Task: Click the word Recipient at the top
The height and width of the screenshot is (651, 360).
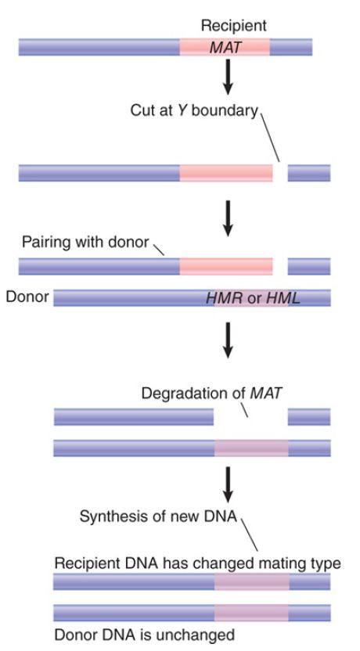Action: pos(233,26)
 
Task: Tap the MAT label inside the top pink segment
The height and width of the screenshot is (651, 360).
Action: pos(225,48)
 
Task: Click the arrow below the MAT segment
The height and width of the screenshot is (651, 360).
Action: pos(228,77)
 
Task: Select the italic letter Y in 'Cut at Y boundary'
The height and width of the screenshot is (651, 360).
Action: pos(182,110)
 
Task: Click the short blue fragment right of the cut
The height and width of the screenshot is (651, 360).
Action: pos(309,173)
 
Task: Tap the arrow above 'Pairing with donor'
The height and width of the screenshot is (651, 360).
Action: pos(228,218)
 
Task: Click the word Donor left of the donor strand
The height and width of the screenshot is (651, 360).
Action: pos(27,297)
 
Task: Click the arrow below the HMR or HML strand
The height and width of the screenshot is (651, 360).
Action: pos(228,340)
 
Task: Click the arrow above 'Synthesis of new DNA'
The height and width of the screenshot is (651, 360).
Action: pos(228,484)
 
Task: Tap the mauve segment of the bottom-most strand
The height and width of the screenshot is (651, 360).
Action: pos(251,613)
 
